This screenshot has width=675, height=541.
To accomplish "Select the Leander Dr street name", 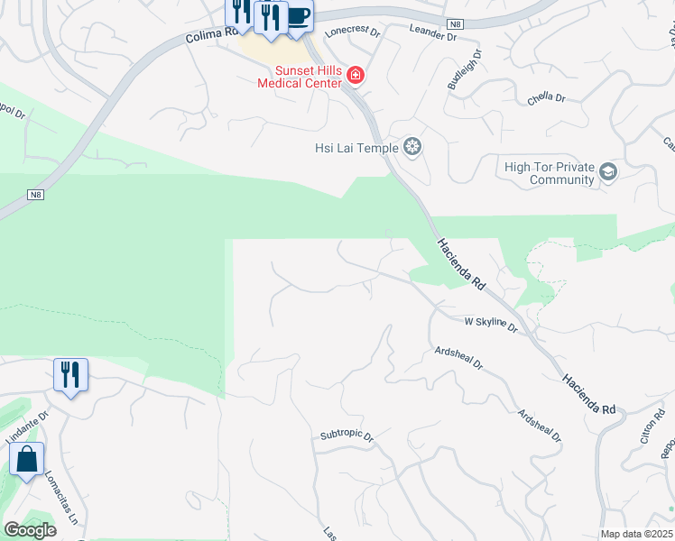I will coord(427,32).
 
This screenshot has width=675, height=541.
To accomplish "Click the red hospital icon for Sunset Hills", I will coord(356,75).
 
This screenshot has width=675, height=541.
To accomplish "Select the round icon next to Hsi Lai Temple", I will coord(412,147).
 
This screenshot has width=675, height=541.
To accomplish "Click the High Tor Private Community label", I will coord(549,173).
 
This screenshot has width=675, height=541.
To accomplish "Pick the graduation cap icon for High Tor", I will coord(608,171).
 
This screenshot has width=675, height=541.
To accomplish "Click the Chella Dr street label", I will coord(546,97).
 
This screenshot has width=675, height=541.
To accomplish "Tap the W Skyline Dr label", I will coord(490,325).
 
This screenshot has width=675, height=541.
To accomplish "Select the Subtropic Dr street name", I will coord(346,435).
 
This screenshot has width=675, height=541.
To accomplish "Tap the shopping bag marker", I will coord(27,460).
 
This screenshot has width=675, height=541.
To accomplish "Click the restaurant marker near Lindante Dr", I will coord(70,374).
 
